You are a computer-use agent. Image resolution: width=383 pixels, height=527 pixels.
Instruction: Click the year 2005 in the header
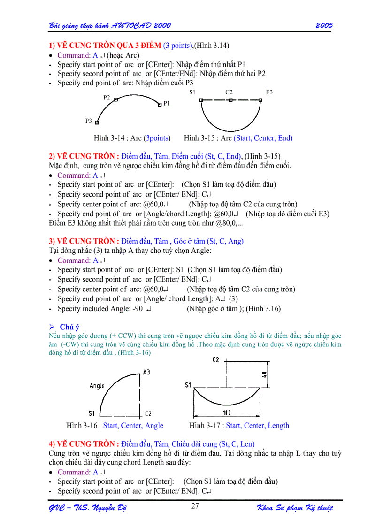click(324, 25)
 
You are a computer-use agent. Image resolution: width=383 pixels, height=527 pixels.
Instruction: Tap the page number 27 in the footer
click(196, 506)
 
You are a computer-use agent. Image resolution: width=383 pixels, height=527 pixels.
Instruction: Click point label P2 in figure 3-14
click(107, 98)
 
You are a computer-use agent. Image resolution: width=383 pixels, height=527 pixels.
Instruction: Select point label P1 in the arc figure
click(167, 103)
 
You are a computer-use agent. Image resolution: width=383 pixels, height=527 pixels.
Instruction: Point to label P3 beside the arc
click(89, 121)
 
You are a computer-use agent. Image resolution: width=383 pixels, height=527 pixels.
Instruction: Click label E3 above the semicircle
click(269, 92)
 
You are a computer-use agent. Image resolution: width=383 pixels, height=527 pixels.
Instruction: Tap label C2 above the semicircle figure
click(229, 92)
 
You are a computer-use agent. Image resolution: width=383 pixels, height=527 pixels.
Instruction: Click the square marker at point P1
click(160, 105)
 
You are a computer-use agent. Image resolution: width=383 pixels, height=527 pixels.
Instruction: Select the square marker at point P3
click(97, 122)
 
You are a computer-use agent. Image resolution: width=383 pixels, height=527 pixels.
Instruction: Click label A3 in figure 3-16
click(147, 372)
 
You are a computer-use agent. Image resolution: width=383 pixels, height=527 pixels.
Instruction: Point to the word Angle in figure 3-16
click(97, 386)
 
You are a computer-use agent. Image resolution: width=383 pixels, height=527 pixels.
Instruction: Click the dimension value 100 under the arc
click(227, 412)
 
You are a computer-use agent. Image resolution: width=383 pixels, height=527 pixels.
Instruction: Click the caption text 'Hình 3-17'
click(206, 426)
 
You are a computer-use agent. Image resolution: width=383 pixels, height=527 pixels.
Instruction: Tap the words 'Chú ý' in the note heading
click(69, 327)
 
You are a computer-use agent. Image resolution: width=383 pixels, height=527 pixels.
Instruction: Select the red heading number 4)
click(52, 443)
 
